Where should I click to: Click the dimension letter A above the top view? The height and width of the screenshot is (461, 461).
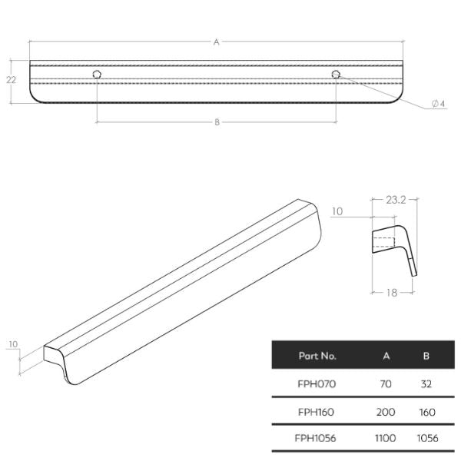(217, 43)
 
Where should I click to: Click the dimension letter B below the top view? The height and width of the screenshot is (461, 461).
(217, 122)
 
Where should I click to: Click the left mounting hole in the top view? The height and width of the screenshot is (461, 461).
(97, 75)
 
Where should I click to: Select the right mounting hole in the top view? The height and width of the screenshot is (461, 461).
(336, 75)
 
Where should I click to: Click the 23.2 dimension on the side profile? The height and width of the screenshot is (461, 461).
(397, 198)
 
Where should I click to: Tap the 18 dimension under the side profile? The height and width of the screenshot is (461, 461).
(392, 293)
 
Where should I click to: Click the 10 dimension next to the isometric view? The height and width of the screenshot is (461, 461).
(13, 345)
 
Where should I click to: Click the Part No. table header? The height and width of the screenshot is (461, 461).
(317, 357)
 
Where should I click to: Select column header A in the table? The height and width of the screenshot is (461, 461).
(386, 357)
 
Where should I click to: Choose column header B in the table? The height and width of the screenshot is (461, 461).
(426, 357)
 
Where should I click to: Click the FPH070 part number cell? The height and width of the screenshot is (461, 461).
(317, 383)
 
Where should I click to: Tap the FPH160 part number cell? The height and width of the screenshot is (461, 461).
(317, 412)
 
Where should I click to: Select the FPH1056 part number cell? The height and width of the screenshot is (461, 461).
(317, 439)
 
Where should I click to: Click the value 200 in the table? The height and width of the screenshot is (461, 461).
(386, 412)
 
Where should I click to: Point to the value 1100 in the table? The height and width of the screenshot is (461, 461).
(386, 439)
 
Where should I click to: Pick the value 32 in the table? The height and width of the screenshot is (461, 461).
(426, 383)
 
